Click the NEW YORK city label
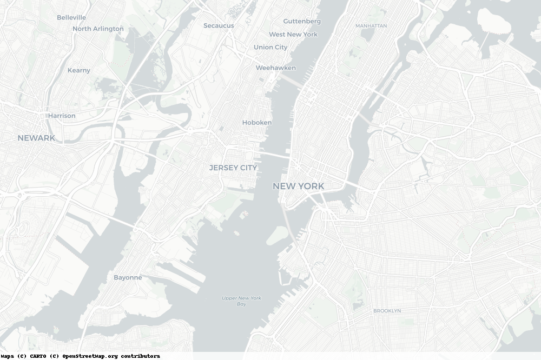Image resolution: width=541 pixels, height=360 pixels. coord(298,186)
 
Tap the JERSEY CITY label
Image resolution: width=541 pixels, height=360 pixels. coord(233,168)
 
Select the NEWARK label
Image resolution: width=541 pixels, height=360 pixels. coord(36,138)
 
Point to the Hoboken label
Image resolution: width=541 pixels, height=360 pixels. coord(257,122)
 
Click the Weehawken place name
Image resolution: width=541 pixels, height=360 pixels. coord(276,68)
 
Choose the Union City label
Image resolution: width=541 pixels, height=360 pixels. coord(270,47)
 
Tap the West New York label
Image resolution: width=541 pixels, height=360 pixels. coord(293,34)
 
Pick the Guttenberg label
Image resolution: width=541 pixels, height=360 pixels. coord(302,21)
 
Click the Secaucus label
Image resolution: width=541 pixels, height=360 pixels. coord(219,25)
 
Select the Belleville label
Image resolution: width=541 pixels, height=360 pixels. coord(71,17)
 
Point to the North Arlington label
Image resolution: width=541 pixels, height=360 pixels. coord(98,29)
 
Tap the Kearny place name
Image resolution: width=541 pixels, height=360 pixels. coord(79,70)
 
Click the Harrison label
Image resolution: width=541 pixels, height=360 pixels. coord(62,116)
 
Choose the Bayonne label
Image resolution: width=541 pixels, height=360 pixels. coord(128,277)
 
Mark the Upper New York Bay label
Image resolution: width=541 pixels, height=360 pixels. coord(241,301)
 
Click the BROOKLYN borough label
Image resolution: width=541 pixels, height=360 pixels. coord(387,311)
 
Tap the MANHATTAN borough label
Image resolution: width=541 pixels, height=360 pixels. coord(371,25)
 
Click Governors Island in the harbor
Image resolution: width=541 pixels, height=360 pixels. coord(278,235)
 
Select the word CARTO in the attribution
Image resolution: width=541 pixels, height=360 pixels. coord(37,356)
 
